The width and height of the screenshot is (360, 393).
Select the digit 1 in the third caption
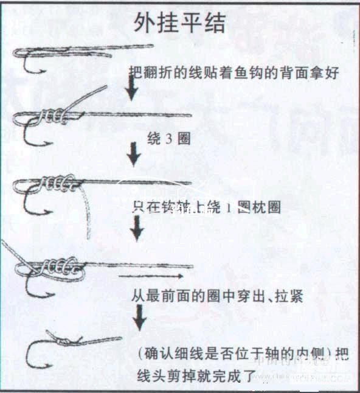[227, 207]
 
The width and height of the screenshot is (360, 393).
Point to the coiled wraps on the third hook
[58, 182]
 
